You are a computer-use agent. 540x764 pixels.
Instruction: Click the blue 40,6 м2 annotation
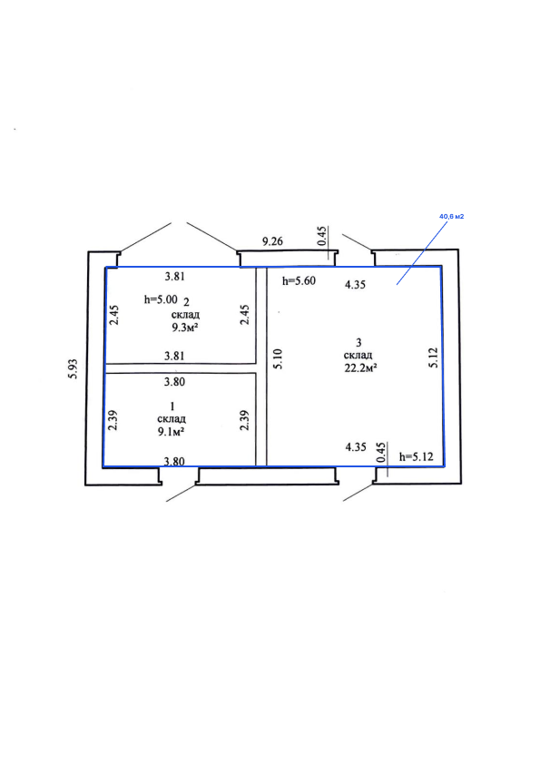tap(451, 216)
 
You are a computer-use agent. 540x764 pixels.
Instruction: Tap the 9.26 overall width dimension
tap(272, 240)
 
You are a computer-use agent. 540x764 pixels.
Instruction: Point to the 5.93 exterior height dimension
tap(73, 369)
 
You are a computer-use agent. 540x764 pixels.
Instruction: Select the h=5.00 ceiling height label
tap(161, 299)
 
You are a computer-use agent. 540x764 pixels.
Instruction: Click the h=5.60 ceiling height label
tap(299, 280)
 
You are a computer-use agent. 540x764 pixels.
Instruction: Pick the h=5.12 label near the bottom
tap(417, 457)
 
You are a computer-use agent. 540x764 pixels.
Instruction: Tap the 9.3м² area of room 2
tap(184, 328)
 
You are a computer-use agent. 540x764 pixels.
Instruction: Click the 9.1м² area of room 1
tap(171, 431)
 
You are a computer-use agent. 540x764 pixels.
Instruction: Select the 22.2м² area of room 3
tap(361, 367)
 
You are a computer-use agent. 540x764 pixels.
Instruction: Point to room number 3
tap(358, 343)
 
